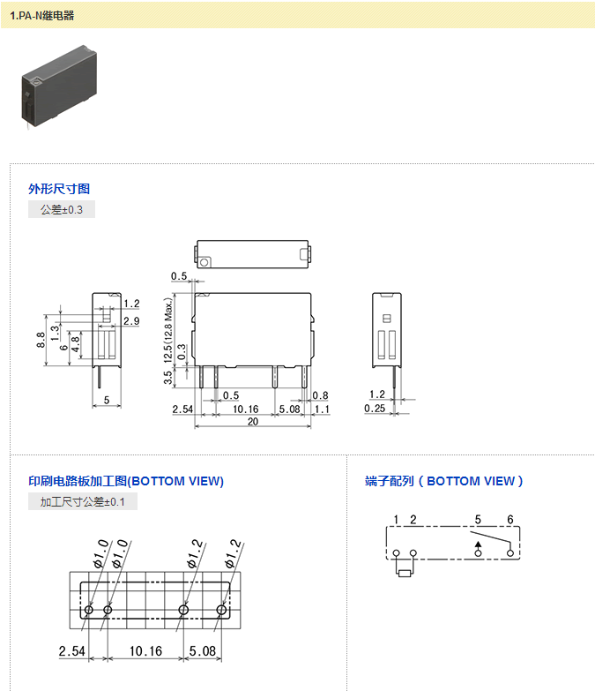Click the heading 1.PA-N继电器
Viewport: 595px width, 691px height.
[x=41, y=15]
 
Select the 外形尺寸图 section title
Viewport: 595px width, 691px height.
[x=59, y=189]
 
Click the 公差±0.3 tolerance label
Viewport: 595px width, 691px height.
[x=62, y=210]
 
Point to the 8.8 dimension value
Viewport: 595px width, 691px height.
[x=41, y=340]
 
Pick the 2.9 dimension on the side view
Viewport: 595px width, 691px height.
[x=131, y=320]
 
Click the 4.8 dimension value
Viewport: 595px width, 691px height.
[x=75, y=343]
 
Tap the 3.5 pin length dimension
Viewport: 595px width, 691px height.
[x=168, y=379]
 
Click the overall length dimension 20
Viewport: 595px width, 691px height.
[x=252, y=422]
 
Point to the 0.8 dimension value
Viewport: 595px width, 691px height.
[x=320, y=395]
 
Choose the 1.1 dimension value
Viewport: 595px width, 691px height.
[x=322, y=409]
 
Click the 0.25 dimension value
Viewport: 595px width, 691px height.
[x=375, y=409]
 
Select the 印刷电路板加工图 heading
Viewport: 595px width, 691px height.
[x=126, y=481]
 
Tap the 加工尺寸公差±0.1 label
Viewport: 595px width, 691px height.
[x=83, y=502]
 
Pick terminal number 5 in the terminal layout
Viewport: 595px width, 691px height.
[x=478, y=519]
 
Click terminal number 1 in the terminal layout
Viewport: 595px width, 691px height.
[x=397, y=519]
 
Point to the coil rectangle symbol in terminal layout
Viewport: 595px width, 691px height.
[x=405, y=572]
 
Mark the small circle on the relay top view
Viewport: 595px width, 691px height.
[x=205, y=262]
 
